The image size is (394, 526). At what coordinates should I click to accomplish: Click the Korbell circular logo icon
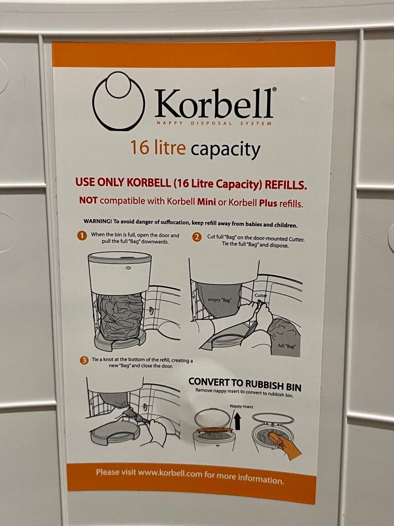tap(118, 101)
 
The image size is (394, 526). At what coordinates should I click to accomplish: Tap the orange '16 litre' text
tap(158, 147)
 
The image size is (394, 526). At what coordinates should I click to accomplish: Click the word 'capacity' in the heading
tap(225, 150)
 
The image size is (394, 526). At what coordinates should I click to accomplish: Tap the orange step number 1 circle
tap(82, 236)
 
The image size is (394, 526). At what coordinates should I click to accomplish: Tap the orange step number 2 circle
tap(197, 237)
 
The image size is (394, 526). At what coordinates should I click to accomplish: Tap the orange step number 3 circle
tap(84, 360)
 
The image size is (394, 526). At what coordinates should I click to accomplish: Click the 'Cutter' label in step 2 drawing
tap(261, 295)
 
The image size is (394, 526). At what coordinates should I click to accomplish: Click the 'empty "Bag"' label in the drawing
tap(219, 300)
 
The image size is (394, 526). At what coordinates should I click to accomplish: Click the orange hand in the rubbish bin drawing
tap(286, 445)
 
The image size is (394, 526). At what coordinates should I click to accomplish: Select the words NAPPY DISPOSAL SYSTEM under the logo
tap(214, 123)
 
